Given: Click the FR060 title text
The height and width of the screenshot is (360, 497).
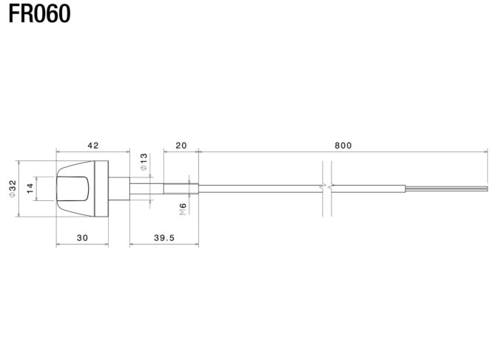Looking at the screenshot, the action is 39,14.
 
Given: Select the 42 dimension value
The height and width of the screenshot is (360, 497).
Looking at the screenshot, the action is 93,146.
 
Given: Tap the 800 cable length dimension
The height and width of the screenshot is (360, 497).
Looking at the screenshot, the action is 343,146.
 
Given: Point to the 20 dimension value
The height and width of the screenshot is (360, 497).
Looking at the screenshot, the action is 181,146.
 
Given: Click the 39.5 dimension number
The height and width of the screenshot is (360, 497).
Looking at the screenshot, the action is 164,238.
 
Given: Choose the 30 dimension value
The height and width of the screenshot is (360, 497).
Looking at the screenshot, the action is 82,238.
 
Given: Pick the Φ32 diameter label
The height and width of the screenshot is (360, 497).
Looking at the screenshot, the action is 13,189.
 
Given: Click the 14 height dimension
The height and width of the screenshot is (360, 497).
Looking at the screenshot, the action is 30,189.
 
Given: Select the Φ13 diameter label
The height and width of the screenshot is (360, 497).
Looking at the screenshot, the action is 144,162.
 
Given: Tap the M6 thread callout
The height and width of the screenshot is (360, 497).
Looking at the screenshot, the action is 183,209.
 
